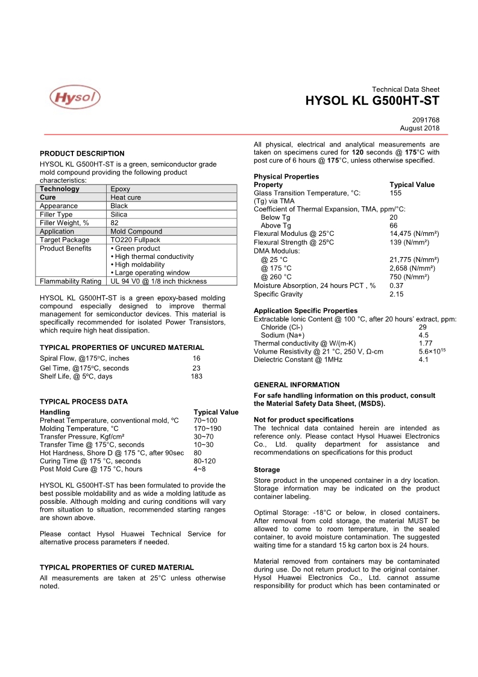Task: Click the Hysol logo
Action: [75, 97]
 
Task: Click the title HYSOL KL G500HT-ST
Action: [373, 101]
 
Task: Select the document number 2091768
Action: [426, 120]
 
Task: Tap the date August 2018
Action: [420, 128]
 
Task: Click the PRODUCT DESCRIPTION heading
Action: [82, 154]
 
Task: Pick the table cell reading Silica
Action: [119, 214]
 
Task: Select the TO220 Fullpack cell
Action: [135, 240]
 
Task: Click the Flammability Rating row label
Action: [71, 281]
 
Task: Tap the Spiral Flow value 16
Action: [197, 358]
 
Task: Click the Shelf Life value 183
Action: [197, 377]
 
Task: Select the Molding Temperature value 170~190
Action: [207, 428]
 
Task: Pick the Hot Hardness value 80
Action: [198, 453]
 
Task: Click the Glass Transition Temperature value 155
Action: [395, 193]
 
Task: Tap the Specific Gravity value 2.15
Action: [397, 294]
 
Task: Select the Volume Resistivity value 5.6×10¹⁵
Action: [432, 351]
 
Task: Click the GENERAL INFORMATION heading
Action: [297, 385]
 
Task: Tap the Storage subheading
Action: [267, 469]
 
